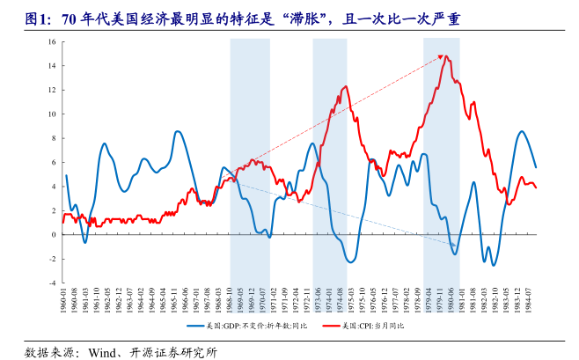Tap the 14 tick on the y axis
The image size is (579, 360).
click(x=54, y=65)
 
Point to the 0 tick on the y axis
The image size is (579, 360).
click(x=55, y=235)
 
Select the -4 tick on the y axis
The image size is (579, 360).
click(x=54, y=283)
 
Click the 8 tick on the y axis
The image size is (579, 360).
click(x=55, y=138)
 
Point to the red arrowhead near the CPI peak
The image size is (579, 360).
click(x=439, y=58)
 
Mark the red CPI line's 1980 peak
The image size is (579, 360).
click(x=446, y=56)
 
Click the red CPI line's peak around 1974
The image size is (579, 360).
click(x=345, y=86)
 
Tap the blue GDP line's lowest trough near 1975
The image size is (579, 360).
click(x=350, y=262)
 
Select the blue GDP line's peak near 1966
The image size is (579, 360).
click(x=178, y=131)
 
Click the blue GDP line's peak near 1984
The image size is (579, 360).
click(x=522, y=131)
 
